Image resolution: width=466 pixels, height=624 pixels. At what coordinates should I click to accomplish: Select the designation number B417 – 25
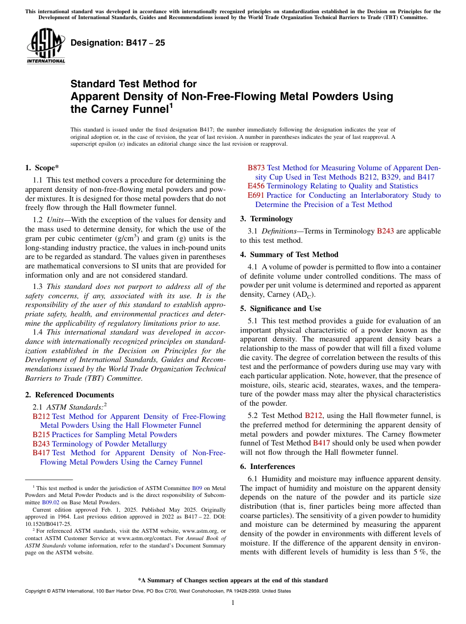[118, 43]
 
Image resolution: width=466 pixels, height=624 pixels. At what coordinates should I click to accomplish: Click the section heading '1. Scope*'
[42, 167]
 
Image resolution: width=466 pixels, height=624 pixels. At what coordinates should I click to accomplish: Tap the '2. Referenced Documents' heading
[70, 395]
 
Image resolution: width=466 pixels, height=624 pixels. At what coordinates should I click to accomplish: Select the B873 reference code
[256, 168]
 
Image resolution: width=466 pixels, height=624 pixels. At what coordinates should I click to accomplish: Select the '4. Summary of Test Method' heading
[289, 255]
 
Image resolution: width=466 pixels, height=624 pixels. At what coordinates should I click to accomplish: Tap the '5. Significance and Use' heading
[281, 309]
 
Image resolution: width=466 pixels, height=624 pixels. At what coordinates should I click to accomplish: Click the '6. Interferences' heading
[267, 467]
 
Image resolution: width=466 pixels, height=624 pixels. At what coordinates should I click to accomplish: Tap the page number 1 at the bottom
[233, 603]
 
